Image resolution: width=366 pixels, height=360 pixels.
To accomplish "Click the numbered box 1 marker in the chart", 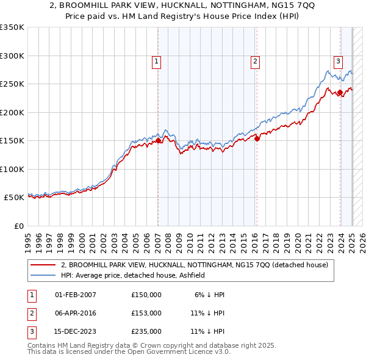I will click(157, 61).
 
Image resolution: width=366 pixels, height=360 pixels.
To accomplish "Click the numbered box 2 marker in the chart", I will click(254, 61).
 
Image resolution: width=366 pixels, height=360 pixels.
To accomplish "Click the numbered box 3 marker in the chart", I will click(337, 60).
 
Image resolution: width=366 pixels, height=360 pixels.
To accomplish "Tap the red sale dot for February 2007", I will click(158, 140).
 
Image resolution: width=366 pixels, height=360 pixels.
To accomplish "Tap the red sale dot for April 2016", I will click(257, 139).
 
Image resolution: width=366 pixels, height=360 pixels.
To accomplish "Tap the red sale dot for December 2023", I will click(340, 92).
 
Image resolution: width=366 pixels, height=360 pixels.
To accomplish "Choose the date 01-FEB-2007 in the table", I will click(76, 295).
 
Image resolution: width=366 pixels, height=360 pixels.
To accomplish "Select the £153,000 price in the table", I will click(146, 313).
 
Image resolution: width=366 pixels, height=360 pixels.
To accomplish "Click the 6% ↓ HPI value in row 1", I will click(210, 295).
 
